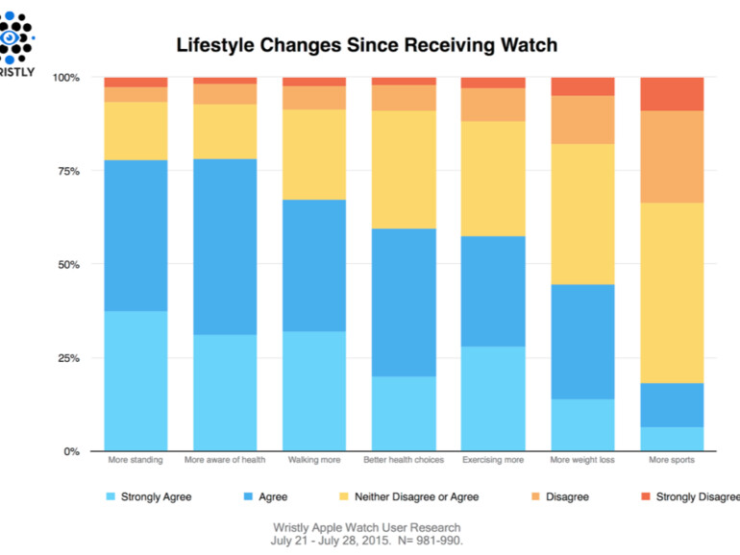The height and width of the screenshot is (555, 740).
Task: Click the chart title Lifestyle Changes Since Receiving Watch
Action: [x=366, y=45]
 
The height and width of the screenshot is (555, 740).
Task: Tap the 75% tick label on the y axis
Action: [x=67, y=171]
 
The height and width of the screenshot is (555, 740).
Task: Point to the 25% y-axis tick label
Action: [x=67, y=358]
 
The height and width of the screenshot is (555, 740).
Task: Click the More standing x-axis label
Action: [x=136, y=461]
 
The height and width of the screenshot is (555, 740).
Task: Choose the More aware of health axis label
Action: [x=225, y=461]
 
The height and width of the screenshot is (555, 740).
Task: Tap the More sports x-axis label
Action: [x=672, y=461]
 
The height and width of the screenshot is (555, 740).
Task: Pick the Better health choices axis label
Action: [x=404, y=461]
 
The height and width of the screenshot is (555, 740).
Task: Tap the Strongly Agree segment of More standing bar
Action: [x=136, y=380]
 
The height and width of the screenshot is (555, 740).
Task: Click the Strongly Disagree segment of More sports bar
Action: [x=672, y=93]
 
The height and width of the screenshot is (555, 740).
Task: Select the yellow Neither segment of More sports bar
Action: [x=672, y=293]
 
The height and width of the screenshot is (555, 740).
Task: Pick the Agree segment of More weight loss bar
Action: [x=582, y=341]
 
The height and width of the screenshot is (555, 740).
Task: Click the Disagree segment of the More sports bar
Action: [x=672, y=157]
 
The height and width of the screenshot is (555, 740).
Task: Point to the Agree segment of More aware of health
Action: [x=225, y=247]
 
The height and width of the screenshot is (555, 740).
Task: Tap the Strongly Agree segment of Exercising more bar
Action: [x=493, y=398]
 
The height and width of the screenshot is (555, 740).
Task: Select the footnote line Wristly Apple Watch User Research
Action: [x=366, y=527]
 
